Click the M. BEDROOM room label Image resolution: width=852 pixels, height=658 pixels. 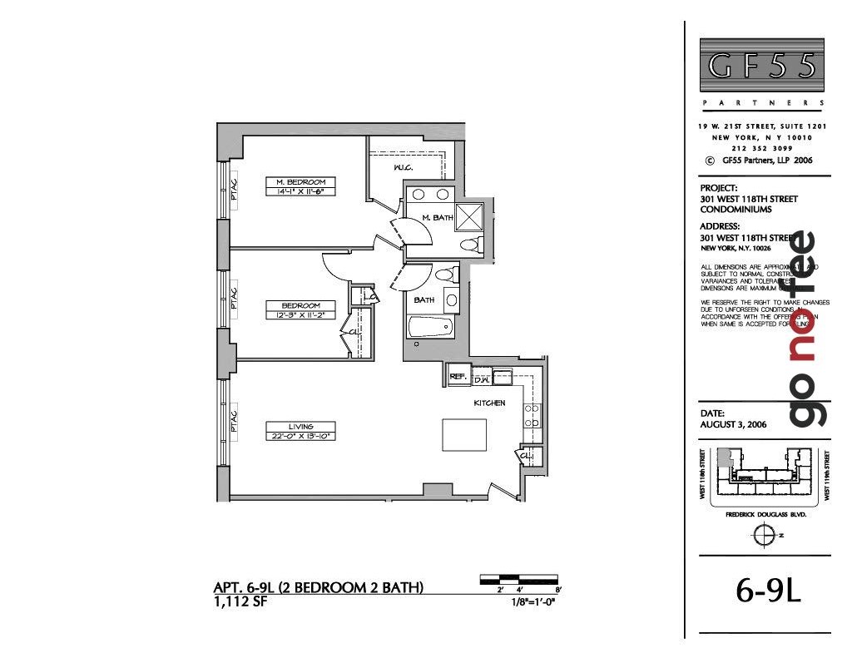coord(300,181)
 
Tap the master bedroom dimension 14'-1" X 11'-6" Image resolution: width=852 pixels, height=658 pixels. coord(300,191)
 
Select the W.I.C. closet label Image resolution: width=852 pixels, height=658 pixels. coord(404,169)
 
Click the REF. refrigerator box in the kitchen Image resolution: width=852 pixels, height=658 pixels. coord(457,377)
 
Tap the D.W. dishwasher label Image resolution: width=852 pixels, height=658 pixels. coord(481,380)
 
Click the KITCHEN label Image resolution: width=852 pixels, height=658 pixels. coord(489,403)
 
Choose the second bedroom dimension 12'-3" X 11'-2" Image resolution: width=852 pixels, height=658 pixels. coord(300,315)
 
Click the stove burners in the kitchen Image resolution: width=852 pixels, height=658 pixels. coord(532,415)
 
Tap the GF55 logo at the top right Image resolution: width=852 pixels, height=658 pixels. coord(761,65)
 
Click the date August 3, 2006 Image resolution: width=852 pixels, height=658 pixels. coord(733,424)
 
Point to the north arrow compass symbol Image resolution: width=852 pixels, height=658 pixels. coord(762,537)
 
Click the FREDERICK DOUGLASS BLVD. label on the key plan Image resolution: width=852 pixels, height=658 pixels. coord(766,515)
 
